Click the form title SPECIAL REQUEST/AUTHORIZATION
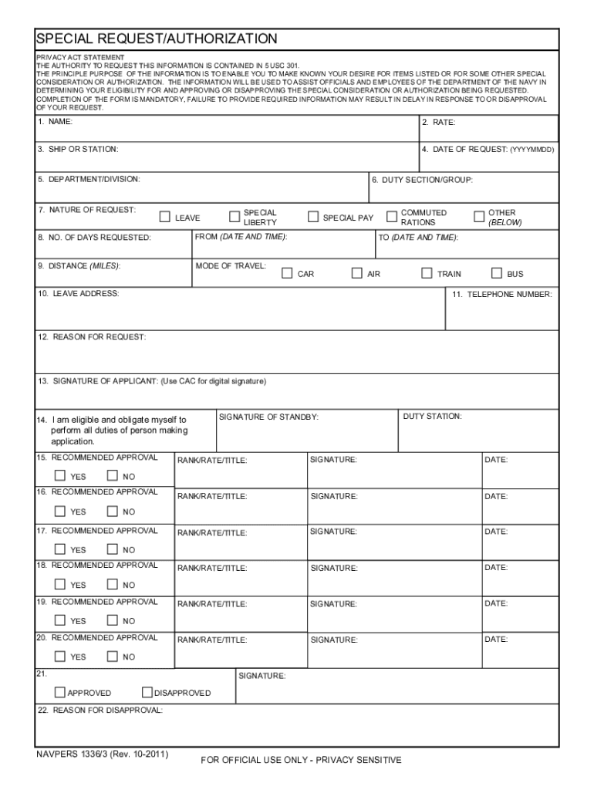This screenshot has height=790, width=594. pyautogui.click(x=157, y=39)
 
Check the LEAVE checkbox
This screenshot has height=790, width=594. pyautogui.click(x=164, y=217)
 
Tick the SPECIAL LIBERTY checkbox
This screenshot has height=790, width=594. pyautogui.click(x=235, y=217)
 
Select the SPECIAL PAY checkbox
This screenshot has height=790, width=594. pyautogui.click(x=312, y=217)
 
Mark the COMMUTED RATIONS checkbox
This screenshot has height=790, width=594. pyautogui.click(x=391, y=217)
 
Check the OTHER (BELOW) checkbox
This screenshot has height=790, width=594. pyautogui.click(x=478, y=217)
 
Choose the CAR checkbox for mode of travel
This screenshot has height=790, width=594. pyautogui.click(x=287, y=273)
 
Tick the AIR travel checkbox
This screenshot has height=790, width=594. pyautogui.click(x=357, y=273)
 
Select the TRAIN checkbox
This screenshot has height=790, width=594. pyautogui.click(x=427, y=273)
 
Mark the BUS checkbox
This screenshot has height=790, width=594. pyautogui.click(x=497, y=273)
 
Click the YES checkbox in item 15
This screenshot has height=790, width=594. pyautogui.click(x=60, y=475)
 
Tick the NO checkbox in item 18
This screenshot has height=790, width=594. pyautogui.click(x=113, y=584)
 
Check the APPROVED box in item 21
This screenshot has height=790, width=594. pyautogui.click(x=60, y=692)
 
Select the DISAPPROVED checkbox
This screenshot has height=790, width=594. pyautogui.click(x=147, y=692)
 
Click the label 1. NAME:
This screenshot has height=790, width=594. pyautogui.click(x=56, y=122)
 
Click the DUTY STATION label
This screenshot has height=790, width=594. pyautogui.click(x=433, y=417)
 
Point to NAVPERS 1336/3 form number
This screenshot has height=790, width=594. pyautogui.click(x=103, y=754)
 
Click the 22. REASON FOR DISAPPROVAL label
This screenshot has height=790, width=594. pyautogui.click(x=100, y=710)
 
